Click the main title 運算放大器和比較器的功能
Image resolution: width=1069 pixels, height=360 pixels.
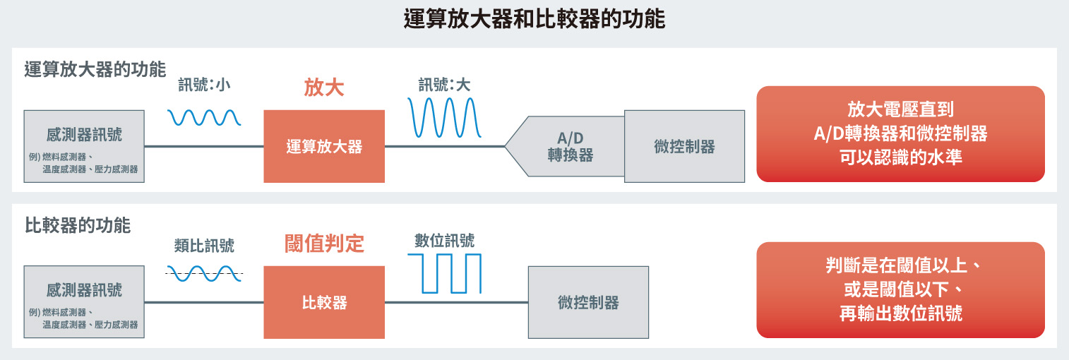[x=534, y=19]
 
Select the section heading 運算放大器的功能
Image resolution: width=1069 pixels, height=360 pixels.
[x=95, y=70]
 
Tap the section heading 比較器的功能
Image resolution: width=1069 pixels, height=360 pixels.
[x=77, y=225]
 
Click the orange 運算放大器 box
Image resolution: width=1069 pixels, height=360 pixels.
[x=324, y=146]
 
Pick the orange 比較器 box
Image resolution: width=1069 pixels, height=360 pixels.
[x=324, y=302]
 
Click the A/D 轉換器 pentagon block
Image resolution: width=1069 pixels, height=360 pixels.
[x=566, y=146]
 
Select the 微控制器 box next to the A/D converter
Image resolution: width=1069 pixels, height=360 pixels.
[x=684, y=146]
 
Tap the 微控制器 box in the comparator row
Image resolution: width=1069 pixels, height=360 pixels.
[x=588, y=302]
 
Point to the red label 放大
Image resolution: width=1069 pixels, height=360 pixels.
[x=324, y=88]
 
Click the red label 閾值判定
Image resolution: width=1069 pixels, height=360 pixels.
[x=324, y=244]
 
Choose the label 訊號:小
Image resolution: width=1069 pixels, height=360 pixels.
[x=204, y=85]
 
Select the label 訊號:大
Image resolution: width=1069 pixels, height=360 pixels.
[x=444, y=85]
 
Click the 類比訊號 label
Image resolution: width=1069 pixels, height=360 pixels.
[x=204, y=246]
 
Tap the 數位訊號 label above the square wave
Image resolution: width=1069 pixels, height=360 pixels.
[x=444, y=240]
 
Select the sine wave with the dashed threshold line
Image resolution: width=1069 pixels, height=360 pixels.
[x=204, y=273]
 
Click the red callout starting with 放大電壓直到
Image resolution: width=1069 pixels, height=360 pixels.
[x=900, y=134]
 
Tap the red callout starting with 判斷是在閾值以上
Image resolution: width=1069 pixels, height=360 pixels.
[x=900, y=290]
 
